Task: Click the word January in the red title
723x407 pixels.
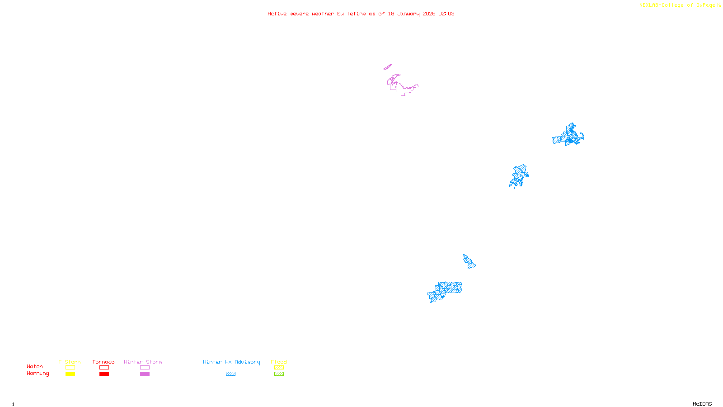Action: pyautogui.click(x=408, y=14)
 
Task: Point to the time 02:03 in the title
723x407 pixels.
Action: pyautogui.click(x=446, y=14)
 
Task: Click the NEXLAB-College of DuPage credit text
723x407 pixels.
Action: pyautogui.click(x=677, y=5)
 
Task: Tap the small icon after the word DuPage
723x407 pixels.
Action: pyautogui.click(x=719, y=5)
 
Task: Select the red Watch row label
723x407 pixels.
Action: pyautogui.click(x=35, y=366)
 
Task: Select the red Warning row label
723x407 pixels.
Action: pyautogui.click(x=38, y=374)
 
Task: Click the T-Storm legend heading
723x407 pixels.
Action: pyautogui.click(x=70, y=362)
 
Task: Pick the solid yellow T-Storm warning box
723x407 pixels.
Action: pyautogui.click(x=70, y=374)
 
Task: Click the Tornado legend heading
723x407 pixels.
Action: pyautogui.click(x=103, y=362)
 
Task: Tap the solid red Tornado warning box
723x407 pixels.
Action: pyautogui.click(x=104, y=374)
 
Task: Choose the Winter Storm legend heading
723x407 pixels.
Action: pyautogui.click(x=143, y=362)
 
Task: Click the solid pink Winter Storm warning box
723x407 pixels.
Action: pyautogui.click(x=145, y=374)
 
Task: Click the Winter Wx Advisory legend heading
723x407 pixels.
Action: pyautogui.click(x=231, y=362)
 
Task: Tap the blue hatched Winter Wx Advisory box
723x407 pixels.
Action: pyautogui.click(x=230, y=374)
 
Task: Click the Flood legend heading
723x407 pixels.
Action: pyautogui.click(x=279, y=362)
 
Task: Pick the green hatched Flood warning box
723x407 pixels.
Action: pyautogui.click(x=279, y=374)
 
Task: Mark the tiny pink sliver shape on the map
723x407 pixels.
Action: pyautogui.click(x=387, y=67)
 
